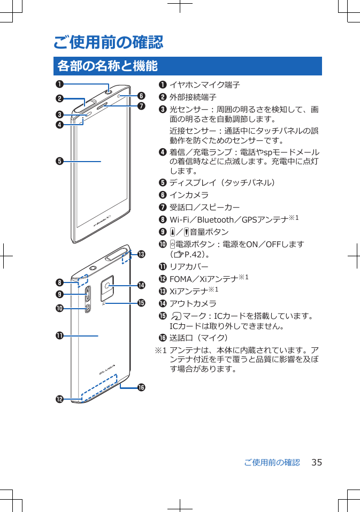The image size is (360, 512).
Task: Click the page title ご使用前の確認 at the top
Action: tap(108, 41)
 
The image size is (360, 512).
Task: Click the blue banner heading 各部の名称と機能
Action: tap(107, 66)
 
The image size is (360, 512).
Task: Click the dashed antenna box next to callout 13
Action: tap(126, 257)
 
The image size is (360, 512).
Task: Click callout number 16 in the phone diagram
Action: tap(142, 387)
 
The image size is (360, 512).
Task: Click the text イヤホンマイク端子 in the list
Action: tap(204, 85)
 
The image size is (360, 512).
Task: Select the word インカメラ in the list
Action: tap(189, 195)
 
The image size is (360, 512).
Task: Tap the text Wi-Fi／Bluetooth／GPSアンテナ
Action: tap(228, 220)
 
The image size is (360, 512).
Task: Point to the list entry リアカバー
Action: tap(189, 266)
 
